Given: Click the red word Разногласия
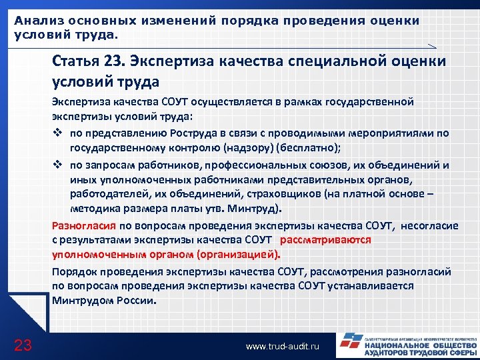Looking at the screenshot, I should [84, 225].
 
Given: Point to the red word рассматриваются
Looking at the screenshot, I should [326, 239].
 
